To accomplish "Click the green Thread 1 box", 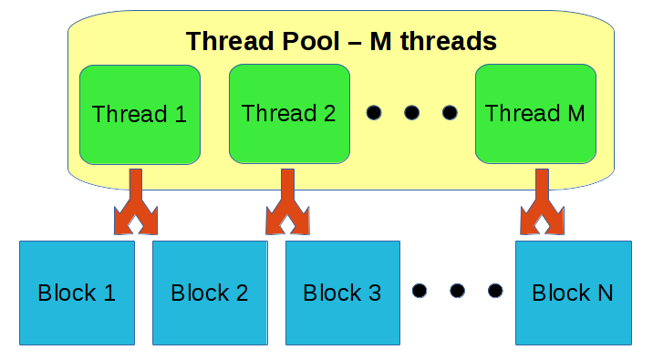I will (140, 114).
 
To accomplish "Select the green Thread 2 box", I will (288, 114).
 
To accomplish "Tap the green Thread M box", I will (535, 114).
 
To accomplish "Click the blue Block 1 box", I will (77, 293).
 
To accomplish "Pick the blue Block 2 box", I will (210, 293).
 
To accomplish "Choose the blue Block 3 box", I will (343, 293).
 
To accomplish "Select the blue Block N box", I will (573, 293).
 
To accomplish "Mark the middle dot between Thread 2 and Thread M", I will (411, 113).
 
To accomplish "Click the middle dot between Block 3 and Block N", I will (458, 292).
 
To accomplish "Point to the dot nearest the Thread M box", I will (449, 113).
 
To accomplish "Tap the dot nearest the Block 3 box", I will (420, 292).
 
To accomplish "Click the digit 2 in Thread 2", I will (327, 114).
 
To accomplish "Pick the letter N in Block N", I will (604, 293).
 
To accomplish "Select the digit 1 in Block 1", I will (109, 293).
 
